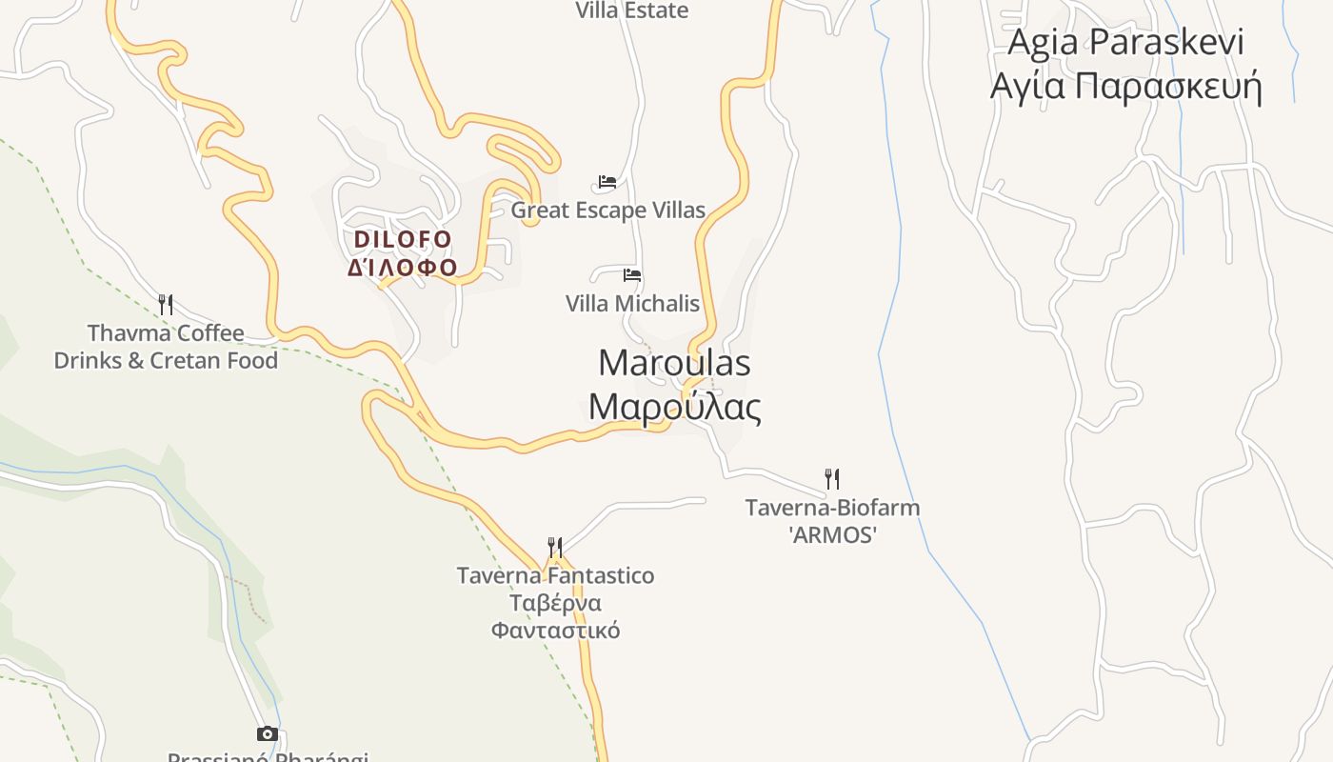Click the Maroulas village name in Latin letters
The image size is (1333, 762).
[x=674, y=363]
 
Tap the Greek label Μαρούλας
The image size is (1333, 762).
[x=674, y=407]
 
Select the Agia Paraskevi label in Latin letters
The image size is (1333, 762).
[x=1125, y=42]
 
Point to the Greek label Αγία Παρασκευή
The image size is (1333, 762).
[x=1125, y=86]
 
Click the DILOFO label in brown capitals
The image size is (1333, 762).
[x=403, y=238]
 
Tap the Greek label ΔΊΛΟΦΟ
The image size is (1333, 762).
[x=403, y=267]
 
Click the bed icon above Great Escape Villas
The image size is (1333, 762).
[x=607, y=182]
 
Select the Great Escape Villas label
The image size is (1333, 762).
[x=608, y=211]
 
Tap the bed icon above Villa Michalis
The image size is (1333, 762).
[x=632, y=275]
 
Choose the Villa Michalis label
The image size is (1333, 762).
[x=632, y=304]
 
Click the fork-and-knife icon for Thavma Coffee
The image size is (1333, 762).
[x=166, y=305]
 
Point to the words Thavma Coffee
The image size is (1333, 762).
[x=166, y=333]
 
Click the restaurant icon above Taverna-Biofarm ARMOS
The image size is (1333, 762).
[x=832, y=478]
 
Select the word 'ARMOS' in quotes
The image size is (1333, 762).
[x=832, y=535]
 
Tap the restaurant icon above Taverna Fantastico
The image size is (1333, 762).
[x=555, y=547]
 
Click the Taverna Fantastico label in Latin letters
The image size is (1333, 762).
[x=555, y=575]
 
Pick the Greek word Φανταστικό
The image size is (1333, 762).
[x=555, y=631]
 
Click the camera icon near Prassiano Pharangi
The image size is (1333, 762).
[x=268, y=733]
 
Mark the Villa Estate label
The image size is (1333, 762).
[x=632, y=10]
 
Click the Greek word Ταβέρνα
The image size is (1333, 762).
[x=555, y=603]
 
